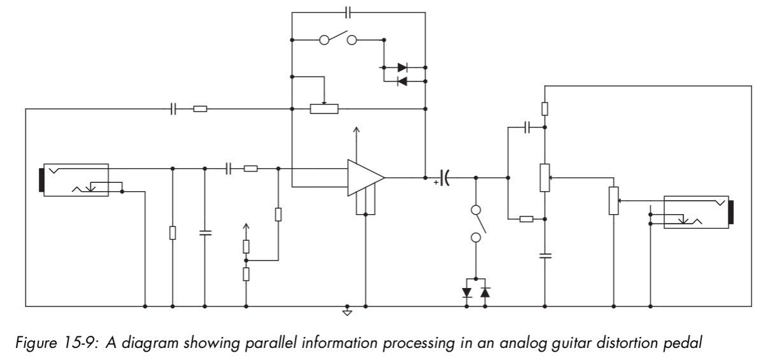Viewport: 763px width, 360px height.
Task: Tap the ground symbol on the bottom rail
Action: [347, 312]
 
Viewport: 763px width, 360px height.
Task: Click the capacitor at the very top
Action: [348, 11]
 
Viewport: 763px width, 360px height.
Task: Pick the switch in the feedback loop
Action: [338, 40]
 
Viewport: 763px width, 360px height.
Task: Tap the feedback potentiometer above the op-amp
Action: [324, 108]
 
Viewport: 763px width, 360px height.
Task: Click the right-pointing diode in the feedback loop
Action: [402, 67]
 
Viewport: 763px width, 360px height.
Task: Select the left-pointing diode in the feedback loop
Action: [402, 81]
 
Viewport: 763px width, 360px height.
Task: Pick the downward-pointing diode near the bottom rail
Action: [467, 293]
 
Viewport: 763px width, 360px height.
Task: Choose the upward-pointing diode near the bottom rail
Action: [485, 293]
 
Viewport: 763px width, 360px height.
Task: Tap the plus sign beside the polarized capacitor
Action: [436, 183]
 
